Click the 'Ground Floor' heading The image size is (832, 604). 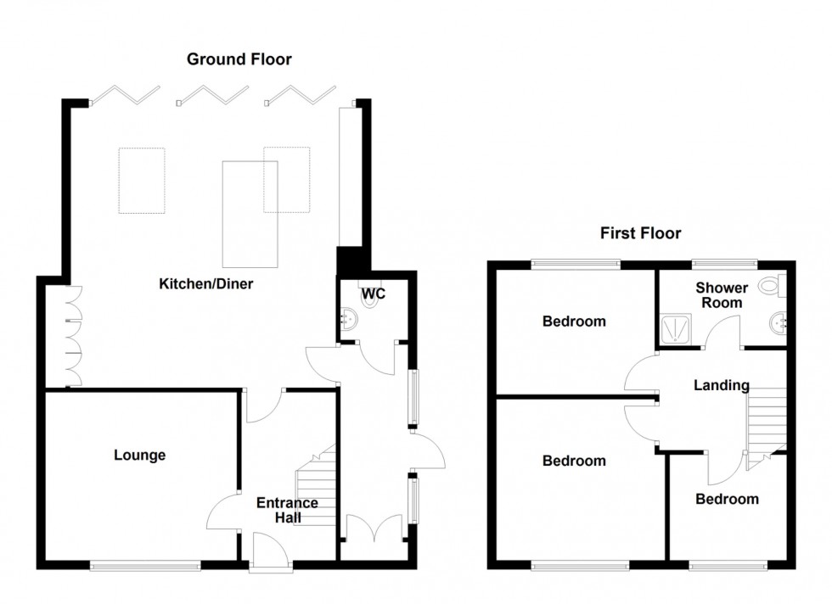pos(239,59)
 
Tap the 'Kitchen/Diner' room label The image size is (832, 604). pos(206,284)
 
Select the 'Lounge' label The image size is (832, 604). pos(140,456)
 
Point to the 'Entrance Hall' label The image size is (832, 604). pos(287,510)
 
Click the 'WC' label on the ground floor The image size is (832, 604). pos(374,294)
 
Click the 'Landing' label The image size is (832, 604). pos(722,385)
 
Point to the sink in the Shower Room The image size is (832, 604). pos(779,322)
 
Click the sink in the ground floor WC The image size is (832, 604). pos(347,318)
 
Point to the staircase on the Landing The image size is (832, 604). pos(766,420)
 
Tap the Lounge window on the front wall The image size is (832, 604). pos(146,564)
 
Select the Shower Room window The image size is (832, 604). pos(723,261)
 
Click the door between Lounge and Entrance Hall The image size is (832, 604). pos(222,512)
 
